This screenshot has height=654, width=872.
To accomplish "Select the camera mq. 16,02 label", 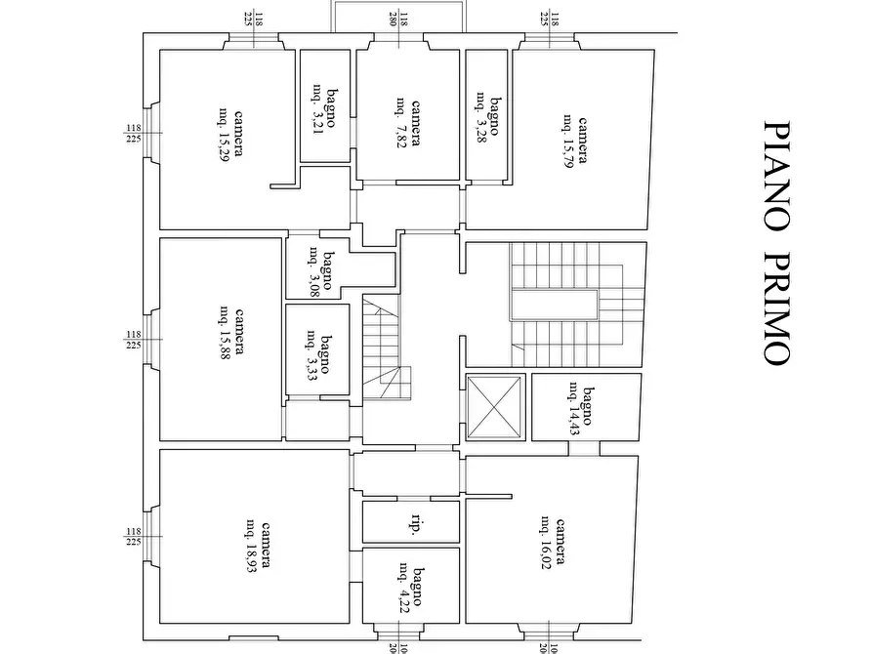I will click(x=553, y=541).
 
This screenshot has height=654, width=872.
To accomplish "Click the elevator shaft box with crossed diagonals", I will click(x=495, y=406).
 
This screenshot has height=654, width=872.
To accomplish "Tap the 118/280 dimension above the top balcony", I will click(x=401, y=17).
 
